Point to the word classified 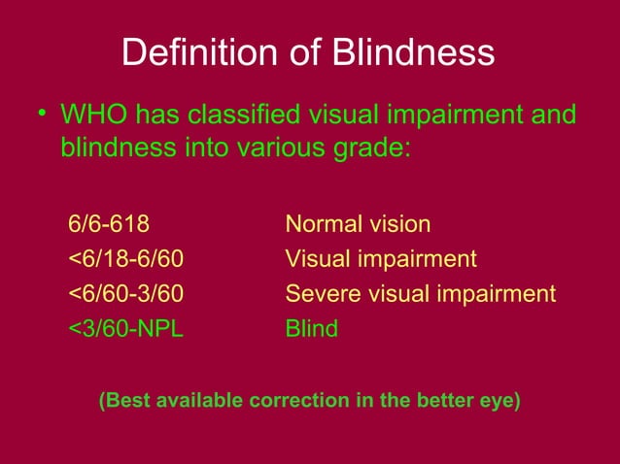(x=243, y=116)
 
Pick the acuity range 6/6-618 (x=109, y=224)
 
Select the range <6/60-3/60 (x=125, y=294)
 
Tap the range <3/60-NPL (x=125, y=329)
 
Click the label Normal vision (x=357, y=224)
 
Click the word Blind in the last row (x=311, y=329)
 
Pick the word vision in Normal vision (x=398, y=224)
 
